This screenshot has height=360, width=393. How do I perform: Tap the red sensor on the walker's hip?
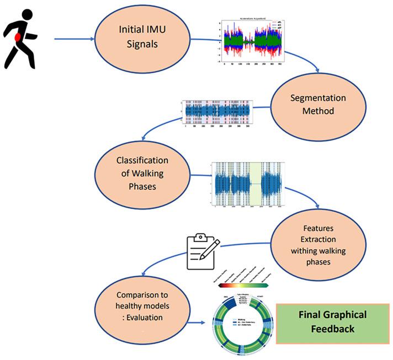point(18,38)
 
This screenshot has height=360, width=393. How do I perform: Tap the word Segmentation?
point(318,98)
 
